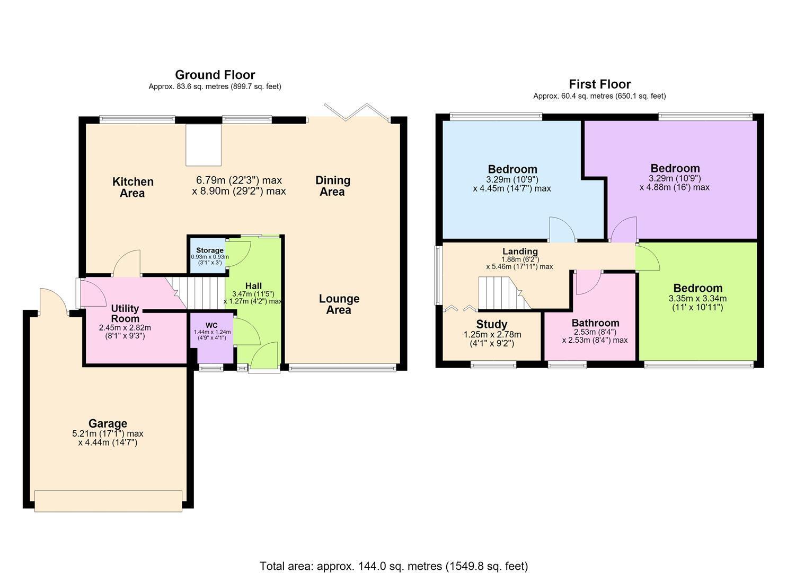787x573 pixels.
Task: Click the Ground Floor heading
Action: (x=215, y=75)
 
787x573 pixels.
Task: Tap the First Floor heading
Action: (x=599, y=84)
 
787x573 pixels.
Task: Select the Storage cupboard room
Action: (x=208, y=256)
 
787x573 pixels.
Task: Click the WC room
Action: (x=212, y=337)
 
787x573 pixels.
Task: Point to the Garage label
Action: (x=108, y=423)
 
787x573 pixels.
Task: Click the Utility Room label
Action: (x=125, y=314)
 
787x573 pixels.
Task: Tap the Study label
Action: (x=491, y=324)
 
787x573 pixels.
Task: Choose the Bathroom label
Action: (x=595, y=323)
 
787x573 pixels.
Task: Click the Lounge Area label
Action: (x=339, y=304)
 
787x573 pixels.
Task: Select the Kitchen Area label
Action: (x=133, y=187)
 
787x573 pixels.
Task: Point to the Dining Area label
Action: (x=333, y=186)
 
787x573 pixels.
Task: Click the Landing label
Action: (x=520, y=251)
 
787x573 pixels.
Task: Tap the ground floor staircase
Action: (x=195, y=293)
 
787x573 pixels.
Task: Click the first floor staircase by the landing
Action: (x=504, y=293)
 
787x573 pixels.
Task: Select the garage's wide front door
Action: (x=108, y=501)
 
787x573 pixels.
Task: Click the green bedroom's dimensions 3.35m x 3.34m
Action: (x=697, y=299)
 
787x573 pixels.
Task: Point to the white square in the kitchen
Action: (x=204, y=144)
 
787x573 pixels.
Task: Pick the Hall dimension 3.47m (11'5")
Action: (x=253, y=294)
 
